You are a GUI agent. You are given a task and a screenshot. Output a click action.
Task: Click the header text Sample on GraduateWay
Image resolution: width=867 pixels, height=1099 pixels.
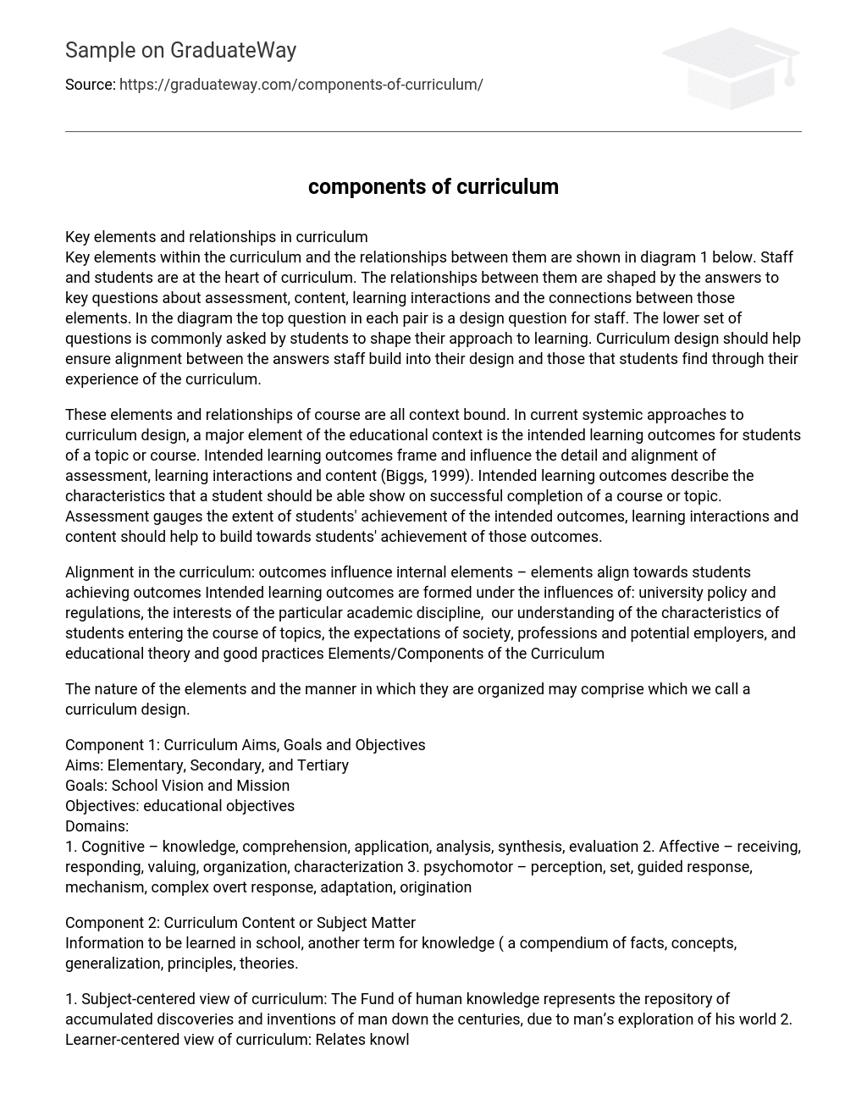pos(180,51)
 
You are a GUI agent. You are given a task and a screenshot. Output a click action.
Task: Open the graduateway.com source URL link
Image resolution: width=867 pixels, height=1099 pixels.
pos(301,85)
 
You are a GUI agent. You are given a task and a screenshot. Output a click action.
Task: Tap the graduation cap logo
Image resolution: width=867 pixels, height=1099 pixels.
pos(731,68)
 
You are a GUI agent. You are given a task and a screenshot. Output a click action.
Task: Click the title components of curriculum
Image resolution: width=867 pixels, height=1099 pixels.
pos(433,187)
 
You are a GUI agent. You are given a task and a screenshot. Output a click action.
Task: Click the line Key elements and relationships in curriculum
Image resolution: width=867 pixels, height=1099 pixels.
pos(216,237)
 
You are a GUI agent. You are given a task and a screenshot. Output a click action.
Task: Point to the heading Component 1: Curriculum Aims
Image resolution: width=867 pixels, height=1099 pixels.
pos(245,745)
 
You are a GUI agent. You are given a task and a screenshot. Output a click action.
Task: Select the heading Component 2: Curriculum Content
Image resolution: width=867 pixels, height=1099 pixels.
pos(240,923)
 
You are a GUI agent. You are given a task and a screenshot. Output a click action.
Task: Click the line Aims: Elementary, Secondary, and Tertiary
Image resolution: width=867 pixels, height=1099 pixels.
pos(207,765)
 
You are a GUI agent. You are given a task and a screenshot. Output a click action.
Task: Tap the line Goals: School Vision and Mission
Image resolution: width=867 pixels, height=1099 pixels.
pos(177,786)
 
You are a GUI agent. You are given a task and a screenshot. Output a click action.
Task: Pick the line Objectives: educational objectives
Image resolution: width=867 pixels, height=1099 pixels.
pos(179,806)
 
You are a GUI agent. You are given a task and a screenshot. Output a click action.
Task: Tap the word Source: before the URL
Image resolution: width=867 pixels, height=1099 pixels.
pos(90,85)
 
